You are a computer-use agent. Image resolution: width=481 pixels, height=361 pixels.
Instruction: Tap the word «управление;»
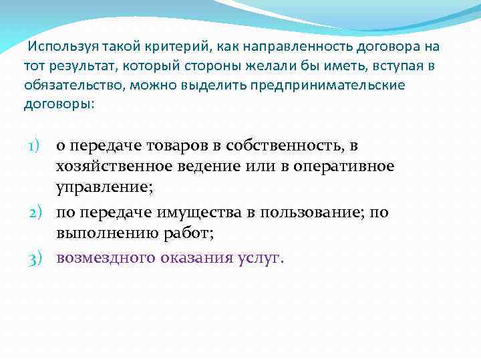pyautogui.click(x=104, y=187)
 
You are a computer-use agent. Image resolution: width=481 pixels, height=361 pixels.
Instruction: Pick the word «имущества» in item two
pyautogui.click(x=193, y=212)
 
